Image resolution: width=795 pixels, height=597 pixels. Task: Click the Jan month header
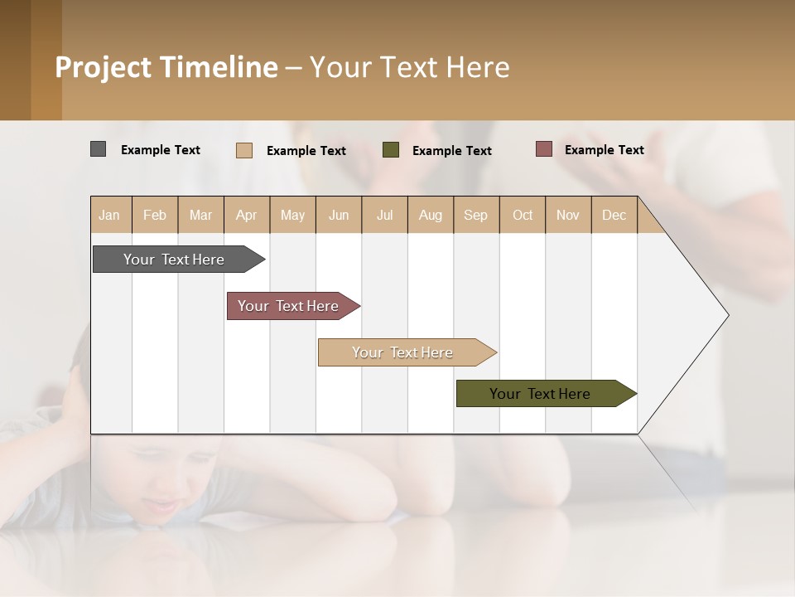[x=110, y=215]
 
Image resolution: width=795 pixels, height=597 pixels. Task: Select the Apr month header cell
[x=247, y=215]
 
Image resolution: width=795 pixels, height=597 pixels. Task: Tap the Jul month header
[x=384, y=215]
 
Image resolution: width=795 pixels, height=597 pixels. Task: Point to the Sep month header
[x=475, y=215]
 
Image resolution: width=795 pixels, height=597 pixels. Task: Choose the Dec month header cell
[x=614, y=215]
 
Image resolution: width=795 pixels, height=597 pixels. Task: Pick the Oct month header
[x=523, y=215]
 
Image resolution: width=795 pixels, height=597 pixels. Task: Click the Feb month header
[x=155, y=215]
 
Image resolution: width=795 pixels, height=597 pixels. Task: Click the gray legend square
[x=98, y=149]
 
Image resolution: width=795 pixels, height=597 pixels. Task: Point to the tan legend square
[x=244, y=150]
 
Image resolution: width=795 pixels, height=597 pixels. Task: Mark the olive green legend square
[x=391, y=149]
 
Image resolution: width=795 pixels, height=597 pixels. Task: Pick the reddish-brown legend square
[x=543, y=149]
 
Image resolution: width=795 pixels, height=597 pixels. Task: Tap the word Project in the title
[x=103, y=67]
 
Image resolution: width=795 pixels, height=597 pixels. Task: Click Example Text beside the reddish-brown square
[x=604, y=150]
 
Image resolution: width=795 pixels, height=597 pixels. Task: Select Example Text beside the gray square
[x=161, y=150]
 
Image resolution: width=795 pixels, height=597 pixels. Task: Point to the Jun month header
[x=339, y=215]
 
